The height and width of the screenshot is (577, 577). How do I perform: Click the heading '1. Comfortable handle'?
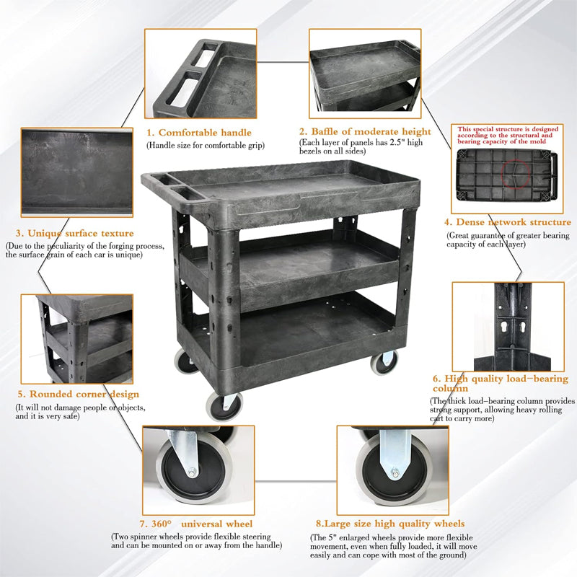click(200, 133)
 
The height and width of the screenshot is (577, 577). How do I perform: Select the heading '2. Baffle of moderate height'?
click(366, 132)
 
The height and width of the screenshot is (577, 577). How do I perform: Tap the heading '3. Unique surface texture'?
click(75, 233)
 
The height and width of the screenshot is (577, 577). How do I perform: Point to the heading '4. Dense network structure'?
click(508, 222)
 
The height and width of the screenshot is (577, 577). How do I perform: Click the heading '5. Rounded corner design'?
click(78, 395)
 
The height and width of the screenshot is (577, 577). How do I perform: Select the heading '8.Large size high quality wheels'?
click(390, 524)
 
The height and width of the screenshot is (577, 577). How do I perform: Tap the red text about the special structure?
click(507, 135)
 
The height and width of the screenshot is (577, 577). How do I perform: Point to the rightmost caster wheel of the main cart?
click(384, 361)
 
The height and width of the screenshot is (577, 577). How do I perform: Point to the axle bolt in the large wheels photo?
click(395, 474)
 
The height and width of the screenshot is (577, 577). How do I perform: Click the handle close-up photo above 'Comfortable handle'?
click(201, 74)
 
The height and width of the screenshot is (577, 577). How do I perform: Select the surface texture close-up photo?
click(76, 172)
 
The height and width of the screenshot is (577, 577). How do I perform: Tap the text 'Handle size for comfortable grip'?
click(206, 146)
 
